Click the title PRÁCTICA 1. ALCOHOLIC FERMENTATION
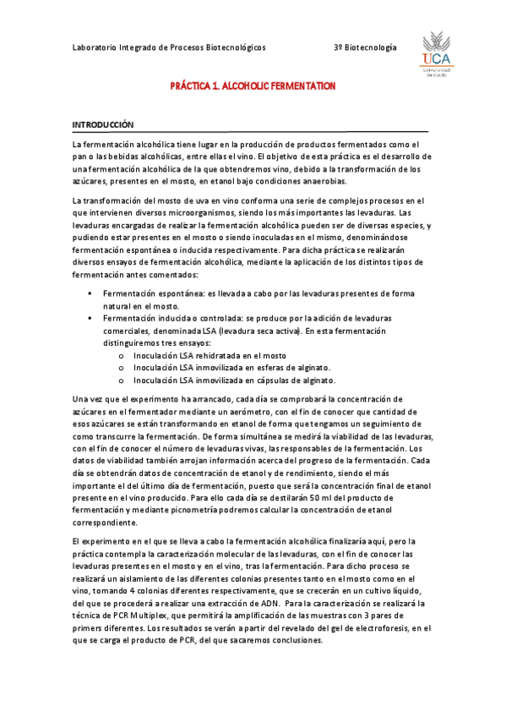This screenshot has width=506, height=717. click(253, 86)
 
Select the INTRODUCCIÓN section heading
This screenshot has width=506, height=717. click(103, 124)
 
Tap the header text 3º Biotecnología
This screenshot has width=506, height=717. click(365, 48)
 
